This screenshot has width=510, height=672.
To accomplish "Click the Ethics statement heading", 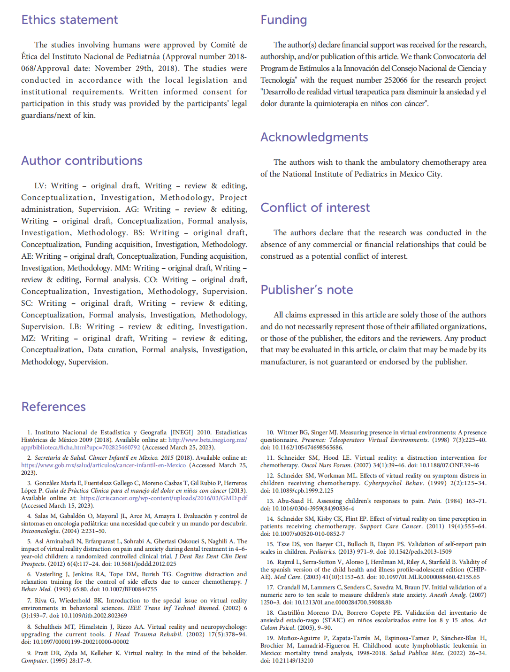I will [x=69, y=20].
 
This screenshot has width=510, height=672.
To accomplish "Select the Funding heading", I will [x=283, y=20].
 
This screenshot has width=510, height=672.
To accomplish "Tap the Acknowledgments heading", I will [x=314, y=137].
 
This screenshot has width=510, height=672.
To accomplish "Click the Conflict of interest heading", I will [x=315, y=208].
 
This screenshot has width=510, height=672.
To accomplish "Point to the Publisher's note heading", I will [x=306, y=290].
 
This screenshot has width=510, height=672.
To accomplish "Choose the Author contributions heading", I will [x=82, y=161].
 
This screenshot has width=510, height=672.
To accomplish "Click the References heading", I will [x=53, y=407].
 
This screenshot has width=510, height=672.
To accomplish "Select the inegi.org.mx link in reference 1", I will [x=207, y=440].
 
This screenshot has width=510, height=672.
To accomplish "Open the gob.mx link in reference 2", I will [x=103, y=465].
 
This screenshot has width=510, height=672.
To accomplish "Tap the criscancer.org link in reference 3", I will [x=163, y=498].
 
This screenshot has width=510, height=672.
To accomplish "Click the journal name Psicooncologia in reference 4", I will [x=40, y=531].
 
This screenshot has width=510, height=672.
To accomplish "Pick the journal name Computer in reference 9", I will [x=34, y=661].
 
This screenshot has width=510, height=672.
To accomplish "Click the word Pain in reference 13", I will [x=434, y=501].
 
